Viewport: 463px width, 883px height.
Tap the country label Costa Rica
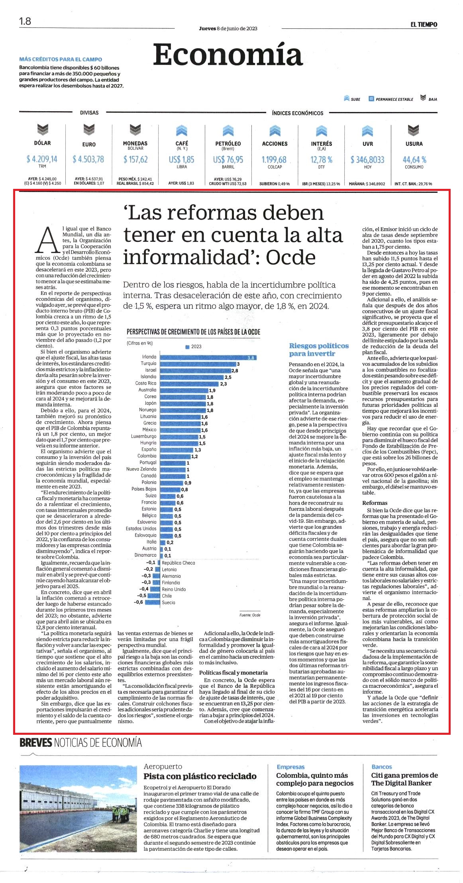[146, 383]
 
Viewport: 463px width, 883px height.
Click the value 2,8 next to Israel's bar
[235, 371]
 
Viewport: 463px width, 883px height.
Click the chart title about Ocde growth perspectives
[193, 332]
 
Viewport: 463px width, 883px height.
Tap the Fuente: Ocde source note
[250, 615]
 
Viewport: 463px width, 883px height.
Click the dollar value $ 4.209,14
[42, 159]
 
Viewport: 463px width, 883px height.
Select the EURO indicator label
[89, 144]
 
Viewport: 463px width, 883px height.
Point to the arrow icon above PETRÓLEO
[228, 130]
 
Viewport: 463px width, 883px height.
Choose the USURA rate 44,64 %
[414, 159]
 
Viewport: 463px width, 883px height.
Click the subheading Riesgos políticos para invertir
[319, 349]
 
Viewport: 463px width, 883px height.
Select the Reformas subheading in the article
[375, 503]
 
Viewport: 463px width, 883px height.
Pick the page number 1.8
[25, 21]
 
